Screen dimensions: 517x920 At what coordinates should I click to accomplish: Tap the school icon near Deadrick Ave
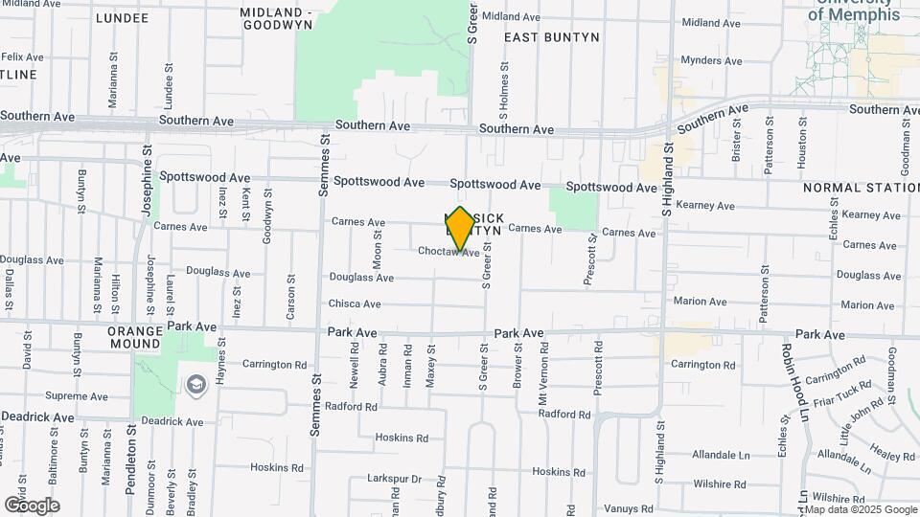[x=196, y=385]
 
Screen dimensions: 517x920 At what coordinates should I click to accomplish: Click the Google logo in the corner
[x=32, y=506]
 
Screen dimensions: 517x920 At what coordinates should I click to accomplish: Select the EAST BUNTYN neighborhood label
[x=551, y=37]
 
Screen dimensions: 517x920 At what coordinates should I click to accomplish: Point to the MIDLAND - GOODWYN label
[x=277, y=18]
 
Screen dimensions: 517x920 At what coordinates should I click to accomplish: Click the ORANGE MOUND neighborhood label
[x=134, y=337]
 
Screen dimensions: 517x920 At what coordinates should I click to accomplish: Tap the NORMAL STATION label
[x=861, y=188]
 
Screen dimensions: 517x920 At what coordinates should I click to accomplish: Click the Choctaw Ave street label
[x=448, y=252]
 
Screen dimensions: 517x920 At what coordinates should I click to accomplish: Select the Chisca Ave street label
[x=356, y=304]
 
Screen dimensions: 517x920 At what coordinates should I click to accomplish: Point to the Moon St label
[x=378, y=249]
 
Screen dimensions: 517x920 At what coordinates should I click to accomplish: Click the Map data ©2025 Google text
[x=860, y=509]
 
